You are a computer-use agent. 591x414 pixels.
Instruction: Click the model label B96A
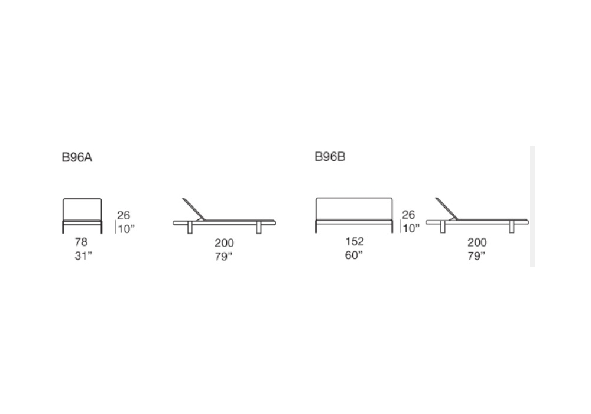click(77, 157)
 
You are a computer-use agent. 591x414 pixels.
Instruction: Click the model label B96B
click(330, 157)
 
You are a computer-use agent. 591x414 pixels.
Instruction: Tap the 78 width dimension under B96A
click(81, 242)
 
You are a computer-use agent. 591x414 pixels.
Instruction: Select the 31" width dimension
click(83, 255)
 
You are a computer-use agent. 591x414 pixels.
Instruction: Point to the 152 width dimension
click(354, 241)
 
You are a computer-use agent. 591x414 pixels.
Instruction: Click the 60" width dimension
click(353, 255)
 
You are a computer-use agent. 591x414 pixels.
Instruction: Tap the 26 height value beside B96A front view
click(124, 215)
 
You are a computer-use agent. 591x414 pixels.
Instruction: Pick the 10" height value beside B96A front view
click(126, 229)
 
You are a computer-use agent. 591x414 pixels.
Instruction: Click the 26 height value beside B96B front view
click(408, 215)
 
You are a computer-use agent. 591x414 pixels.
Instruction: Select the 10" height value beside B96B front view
click(411, 228)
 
